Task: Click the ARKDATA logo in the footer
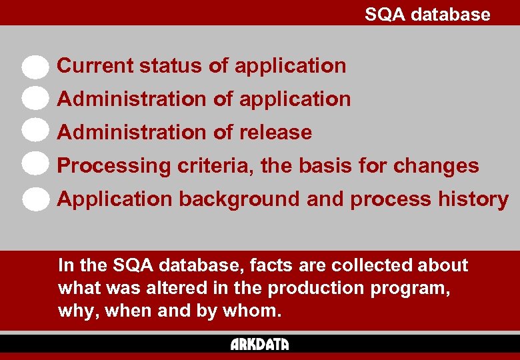coord(260,344)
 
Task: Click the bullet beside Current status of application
coord(35,67)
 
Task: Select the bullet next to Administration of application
coord(35,99)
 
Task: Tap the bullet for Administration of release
coord(35,131)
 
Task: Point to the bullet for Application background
coord(35,198)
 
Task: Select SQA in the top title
coord(385,14)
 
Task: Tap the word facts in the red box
coord(272,265)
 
